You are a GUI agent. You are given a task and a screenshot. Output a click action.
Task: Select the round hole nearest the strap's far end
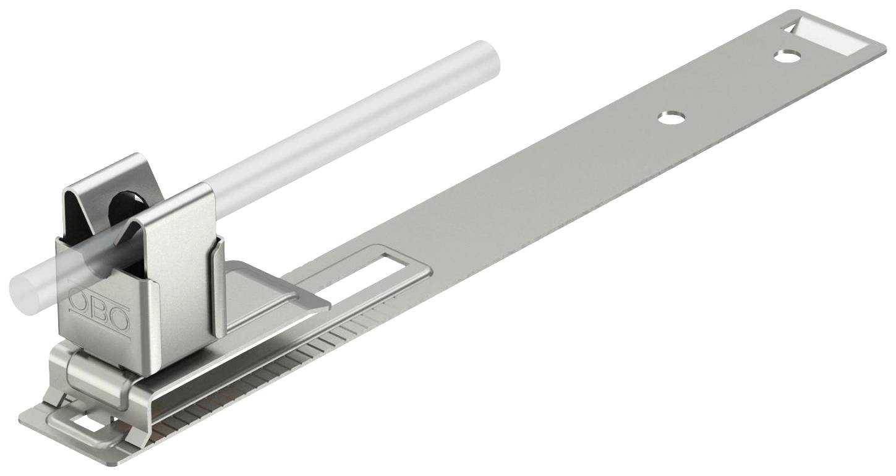pyautogui.click(x=787, y=56)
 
